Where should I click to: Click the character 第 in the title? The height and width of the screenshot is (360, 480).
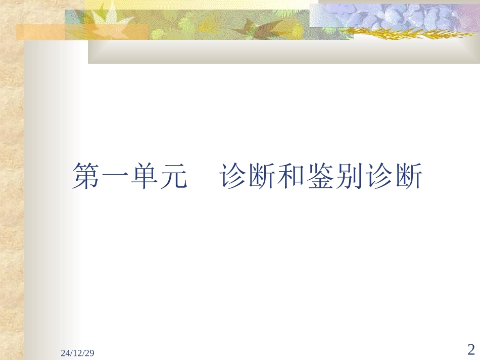(86, 176)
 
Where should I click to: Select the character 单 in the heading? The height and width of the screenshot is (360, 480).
(144, 176)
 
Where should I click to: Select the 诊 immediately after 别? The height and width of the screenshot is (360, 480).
(378, 176)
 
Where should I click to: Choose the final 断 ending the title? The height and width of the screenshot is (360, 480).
(407, 176)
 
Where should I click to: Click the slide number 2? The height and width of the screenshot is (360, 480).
(471, 349)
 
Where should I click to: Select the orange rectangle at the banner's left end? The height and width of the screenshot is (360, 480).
(40, 32)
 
